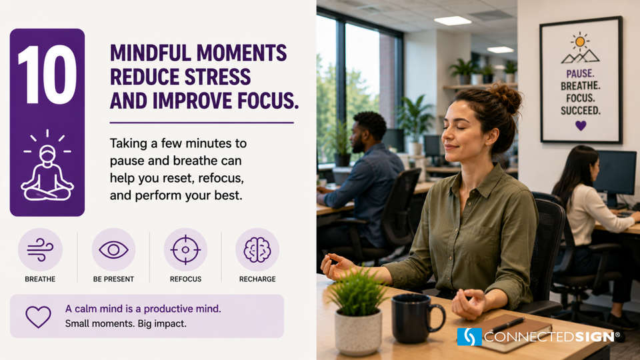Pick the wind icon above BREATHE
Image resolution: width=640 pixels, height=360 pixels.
pos(40,249)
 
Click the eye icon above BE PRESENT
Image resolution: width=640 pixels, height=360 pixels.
pos(113,250)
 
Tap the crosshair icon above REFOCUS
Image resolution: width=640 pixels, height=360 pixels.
pos(185,250)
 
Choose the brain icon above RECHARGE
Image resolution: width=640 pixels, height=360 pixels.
pos(257,250)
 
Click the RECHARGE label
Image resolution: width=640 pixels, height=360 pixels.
pos(257,279)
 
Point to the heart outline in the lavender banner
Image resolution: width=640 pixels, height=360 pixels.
pos(39,317)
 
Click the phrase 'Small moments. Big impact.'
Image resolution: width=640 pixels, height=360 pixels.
pos(126,324)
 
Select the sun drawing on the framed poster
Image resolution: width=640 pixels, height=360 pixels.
pos(580,41)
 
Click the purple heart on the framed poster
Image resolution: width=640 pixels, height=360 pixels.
pos(581,125)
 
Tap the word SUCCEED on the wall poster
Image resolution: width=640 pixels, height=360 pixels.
pos(581,110)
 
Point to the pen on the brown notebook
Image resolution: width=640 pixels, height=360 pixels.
pos(506,325)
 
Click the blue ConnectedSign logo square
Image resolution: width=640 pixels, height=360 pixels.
pos(469,337)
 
